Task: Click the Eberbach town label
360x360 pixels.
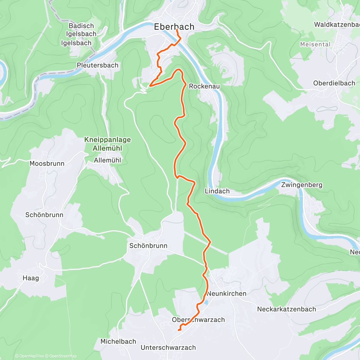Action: pos(174,27)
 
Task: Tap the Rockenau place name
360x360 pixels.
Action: pos(204,86)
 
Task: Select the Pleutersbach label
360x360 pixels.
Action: pos(97,65)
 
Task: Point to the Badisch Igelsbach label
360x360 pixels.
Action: pos(81,30)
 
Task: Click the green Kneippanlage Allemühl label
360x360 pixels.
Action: pos(107,144)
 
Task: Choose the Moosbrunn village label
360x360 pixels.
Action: pos(47,163)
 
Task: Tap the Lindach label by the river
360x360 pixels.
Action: pos(217,191)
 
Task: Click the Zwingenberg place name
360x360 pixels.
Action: pos(301,185)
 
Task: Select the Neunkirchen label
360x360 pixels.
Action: pos(226,293)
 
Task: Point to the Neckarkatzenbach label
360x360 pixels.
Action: pos(286,309)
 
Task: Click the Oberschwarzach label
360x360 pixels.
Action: pos(198,320)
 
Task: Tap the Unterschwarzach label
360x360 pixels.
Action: pos(168,348)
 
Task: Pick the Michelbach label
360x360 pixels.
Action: pos(118,341)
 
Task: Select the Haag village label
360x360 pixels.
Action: pos(31,278)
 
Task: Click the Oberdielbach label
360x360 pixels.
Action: pos(334,83)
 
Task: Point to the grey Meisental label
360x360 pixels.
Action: pos(315,44)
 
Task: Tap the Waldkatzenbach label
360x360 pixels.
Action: pos(337,25)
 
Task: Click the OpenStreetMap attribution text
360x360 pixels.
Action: pos(63,356)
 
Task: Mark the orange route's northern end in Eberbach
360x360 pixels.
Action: pos(177,30)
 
